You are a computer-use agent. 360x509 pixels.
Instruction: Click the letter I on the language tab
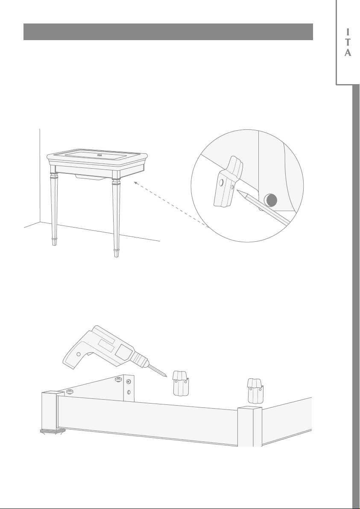[348, 32]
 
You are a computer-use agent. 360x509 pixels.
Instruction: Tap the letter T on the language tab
[348, 42]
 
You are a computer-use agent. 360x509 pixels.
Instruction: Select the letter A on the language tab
[348, 53]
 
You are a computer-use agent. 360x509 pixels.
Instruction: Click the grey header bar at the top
[168, 32]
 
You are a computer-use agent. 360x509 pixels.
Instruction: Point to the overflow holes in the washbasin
[100, 155]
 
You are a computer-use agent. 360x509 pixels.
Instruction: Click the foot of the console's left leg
[55, 242]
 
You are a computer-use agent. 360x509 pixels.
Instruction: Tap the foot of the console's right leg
[116, 253]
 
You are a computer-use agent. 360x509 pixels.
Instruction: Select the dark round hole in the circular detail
[271, 200]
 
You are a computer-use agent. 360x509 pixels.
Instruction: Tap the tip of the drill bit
[166, 377]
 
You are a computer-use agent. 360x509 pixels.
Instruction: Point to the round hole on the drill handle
[79, 354]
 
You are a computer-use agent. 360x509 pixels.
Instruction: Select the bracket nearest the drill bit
[181, 384]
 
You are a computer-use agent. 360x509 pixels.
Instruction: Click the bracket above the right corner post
[255, 391]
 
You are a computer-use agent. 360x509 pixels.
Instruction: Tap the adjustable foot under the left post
[53, 431]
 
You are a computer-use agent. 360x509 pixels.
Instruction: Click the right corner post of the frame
[250, 426]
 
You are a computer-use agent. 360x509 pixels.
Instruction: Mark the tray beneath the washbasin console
[91, 177]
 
